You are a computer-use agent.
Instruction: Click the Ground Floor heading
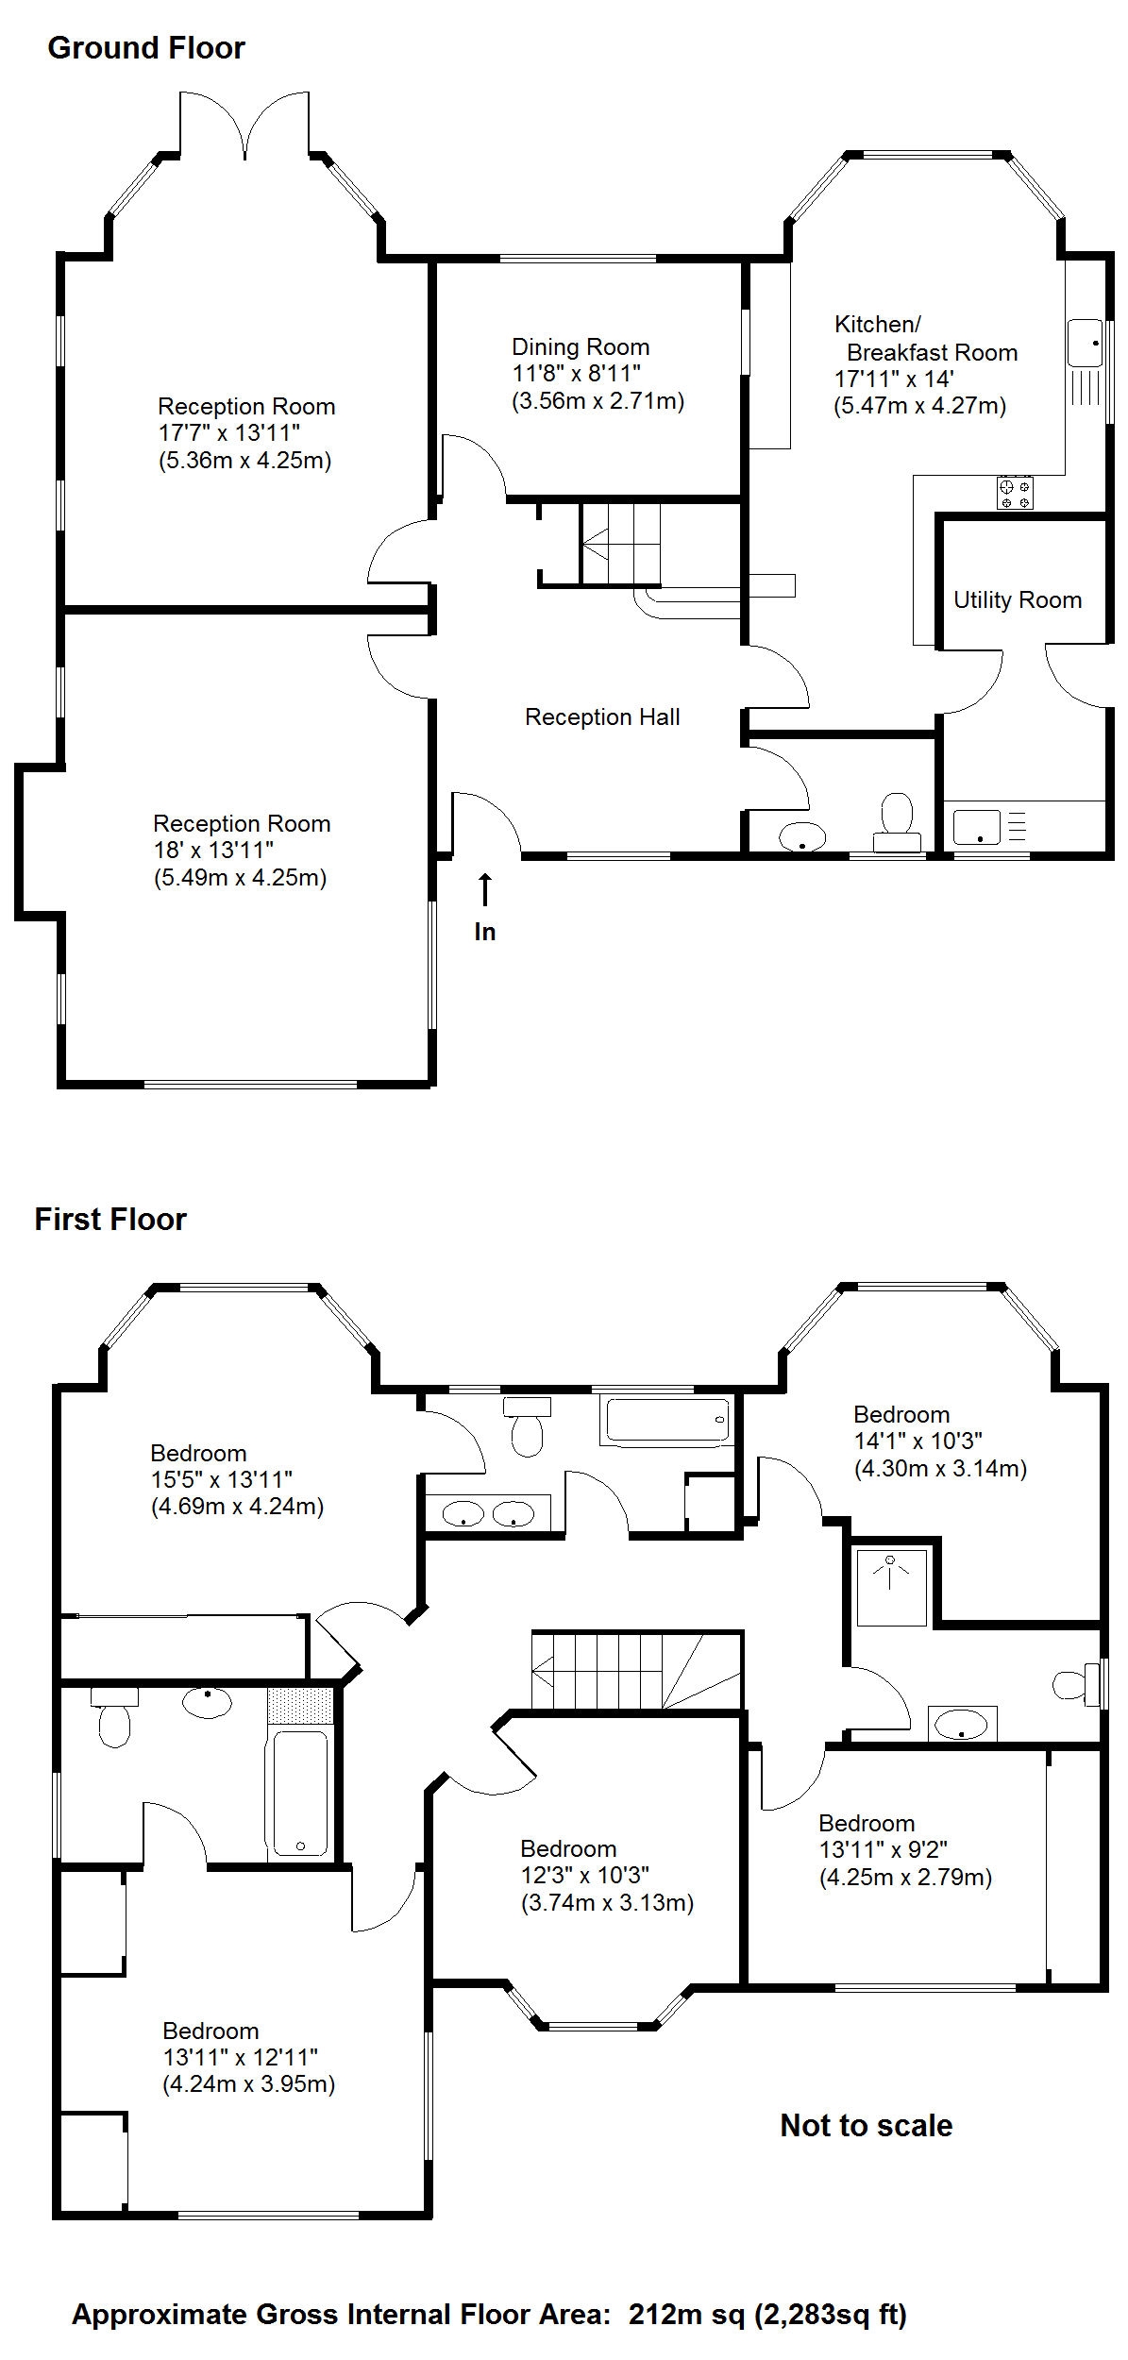146,48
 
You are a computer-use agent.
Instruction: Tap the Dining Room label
581,346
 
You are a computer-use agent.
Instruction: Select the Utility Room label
1018,600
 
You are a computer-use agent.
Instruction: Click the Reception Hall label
602,717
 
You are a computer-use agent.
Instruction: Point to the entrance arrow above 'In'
484,890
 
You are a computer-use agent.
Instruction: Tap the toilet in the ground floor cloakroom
897,823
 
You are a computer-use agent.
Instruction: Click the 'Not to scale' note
866,2125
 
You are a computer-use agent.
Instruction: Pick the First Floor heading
110,1220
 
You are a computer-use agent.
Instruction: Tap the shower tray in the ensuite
891,1585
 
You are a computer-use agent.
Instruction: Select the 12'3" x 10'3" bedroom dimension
585,1875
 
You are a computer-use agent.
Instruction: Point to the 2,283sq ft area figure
829,2314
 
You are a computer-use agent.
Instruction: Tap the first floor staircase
637,1669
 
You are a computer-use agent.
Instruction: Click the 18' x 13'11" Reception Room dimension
213,851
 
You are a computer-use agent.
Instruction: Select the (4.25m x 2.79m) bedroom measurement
905,1877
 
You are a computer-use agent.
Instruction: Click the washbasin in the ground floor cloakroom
802,836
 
